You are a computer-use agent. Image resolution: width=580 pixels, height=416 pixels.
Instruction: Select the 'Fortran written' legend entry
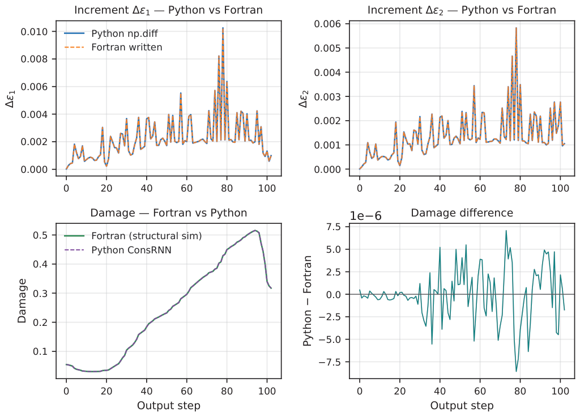coord(113,48)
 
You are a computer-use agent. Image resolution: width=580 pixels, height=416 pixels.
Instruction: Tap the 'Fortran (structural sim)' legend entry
coord(133,236)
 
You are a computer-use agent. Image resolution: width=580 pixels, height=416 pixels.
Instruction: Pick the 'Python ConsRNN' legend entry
coord(118,250)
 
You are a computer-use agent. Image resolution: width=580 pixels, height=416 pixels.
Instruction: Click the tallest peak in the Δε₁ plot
coord(223,28)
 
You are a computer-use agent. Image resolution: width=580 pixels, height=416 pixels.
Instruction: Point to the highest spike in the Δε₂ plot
coord(516,28)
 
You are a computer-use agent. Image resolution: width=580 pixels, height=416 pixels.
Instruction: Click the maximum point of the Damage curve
coord(255,231)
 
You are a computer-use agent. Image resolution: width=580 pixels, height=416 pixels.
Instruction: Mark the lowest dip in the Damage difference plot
coord(516,371)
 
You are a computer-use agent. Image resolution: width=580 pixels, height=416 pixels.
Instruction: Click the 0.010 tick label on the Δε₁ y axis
coord(34,32)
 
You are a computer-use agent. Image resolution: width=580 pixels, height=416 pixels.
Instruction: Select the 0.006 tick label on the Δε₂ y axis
coord(327,24)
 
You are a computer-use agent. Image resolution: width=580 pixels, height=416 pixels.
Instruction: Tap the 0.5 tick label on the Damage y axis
coord(40,235)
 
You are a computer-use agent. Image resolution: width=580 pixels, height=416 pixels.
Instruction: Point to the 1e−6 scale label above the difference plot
coord(365,216)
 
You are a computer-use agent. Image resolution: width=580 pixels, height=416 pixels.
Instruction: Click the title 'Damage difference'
coord(462,213)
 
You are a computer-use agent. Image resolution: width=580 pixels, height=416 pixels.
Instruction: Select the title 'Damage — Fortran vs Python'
coord(169,213)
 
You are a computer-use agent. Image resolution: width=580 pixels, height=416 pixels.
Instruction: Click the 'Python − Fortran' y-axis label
coord(308,301)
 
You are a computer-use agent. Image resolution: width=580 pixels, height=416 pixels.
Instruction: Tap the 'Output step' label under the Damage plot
coord(169,406)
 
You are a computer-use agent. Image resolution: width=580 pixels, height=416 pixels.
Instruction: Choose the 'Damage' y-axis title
coord(22,301)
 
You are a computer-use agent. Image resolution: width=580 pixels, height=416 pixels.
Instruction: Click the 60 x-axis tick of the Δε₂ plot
coord(480,188)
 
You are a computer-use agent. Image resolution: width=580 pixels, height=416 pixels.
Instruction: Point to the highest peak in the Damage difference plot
coord(506,231)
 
